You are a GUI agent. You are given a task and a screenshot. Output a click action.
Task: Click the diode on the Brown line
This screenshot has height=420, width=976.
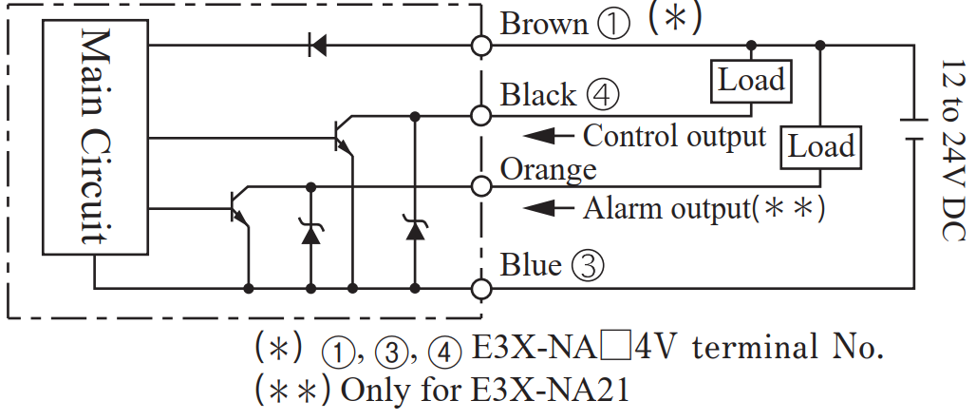click(x=317, y=45)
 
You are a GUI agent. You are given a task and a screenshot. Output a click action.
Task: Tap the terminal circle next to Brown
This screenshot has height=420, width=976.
click(x=482, y=45)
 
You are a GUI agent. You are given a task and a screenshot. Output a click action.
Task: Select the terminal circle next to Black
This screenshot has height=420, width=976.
click(x=482, y=116)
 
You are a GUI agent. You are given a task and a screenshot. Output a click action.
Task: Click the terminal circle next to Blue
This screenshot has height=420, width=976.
click(x=482, y=288)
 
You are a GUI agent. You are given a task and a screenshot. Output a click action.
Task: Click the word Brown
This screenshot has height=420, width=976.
click(x=544, y=23)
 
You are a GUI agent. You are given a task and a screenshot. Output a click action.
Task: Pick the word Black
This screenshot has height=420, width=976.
click(x=538, y=95)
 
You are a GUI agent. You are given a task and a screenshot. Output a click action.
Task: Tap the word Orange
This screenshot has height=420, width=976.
click(x=548, y=168)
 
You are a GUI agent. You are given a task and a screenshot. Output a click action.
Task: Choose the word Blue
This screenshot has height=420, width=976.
click(x=531, y=265)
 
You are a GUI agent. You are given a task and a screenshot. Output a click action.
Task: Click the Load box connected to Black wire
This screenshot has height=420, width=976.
click(x=751, y=80)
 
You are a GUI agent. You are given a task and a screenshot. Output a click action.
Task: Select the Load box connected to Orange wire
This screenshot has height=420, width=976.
click(x=821, y=146)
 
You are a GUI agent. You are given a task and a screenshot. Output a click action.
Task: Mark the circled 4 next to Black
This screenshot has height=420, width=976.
click(x=603, y=96)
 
